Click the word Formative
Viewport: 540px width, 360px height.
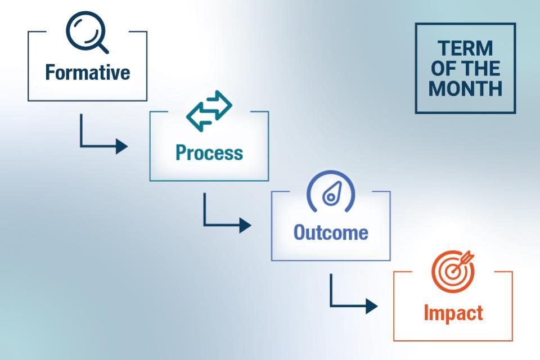87,73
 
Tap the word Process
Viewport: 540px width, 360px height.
209,152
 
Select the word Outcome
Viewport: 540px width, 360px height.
331,232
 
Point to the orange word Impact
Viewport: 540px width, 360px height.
453,313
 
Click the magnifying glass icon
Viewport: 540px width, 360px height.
86,33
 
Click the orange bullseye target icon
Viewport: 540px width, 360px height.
452,268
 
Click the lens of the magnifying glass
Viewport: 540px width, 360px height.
83,29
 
